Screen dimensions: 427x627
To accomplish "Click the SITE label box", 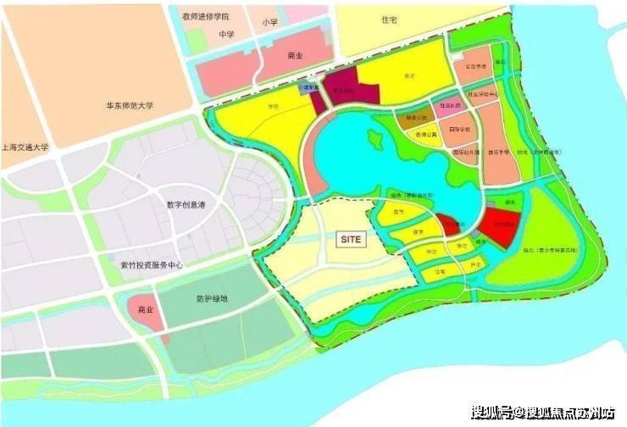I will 351,239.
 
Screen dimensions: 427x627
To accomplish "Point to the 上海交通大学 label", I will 25,146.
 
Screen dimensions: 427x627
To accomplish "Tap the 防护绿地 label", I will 211,298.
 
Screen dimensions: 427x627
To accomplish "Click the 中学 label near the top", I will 225,35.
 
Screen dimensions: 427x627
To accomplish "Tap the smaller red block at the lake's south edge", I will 449,225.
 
